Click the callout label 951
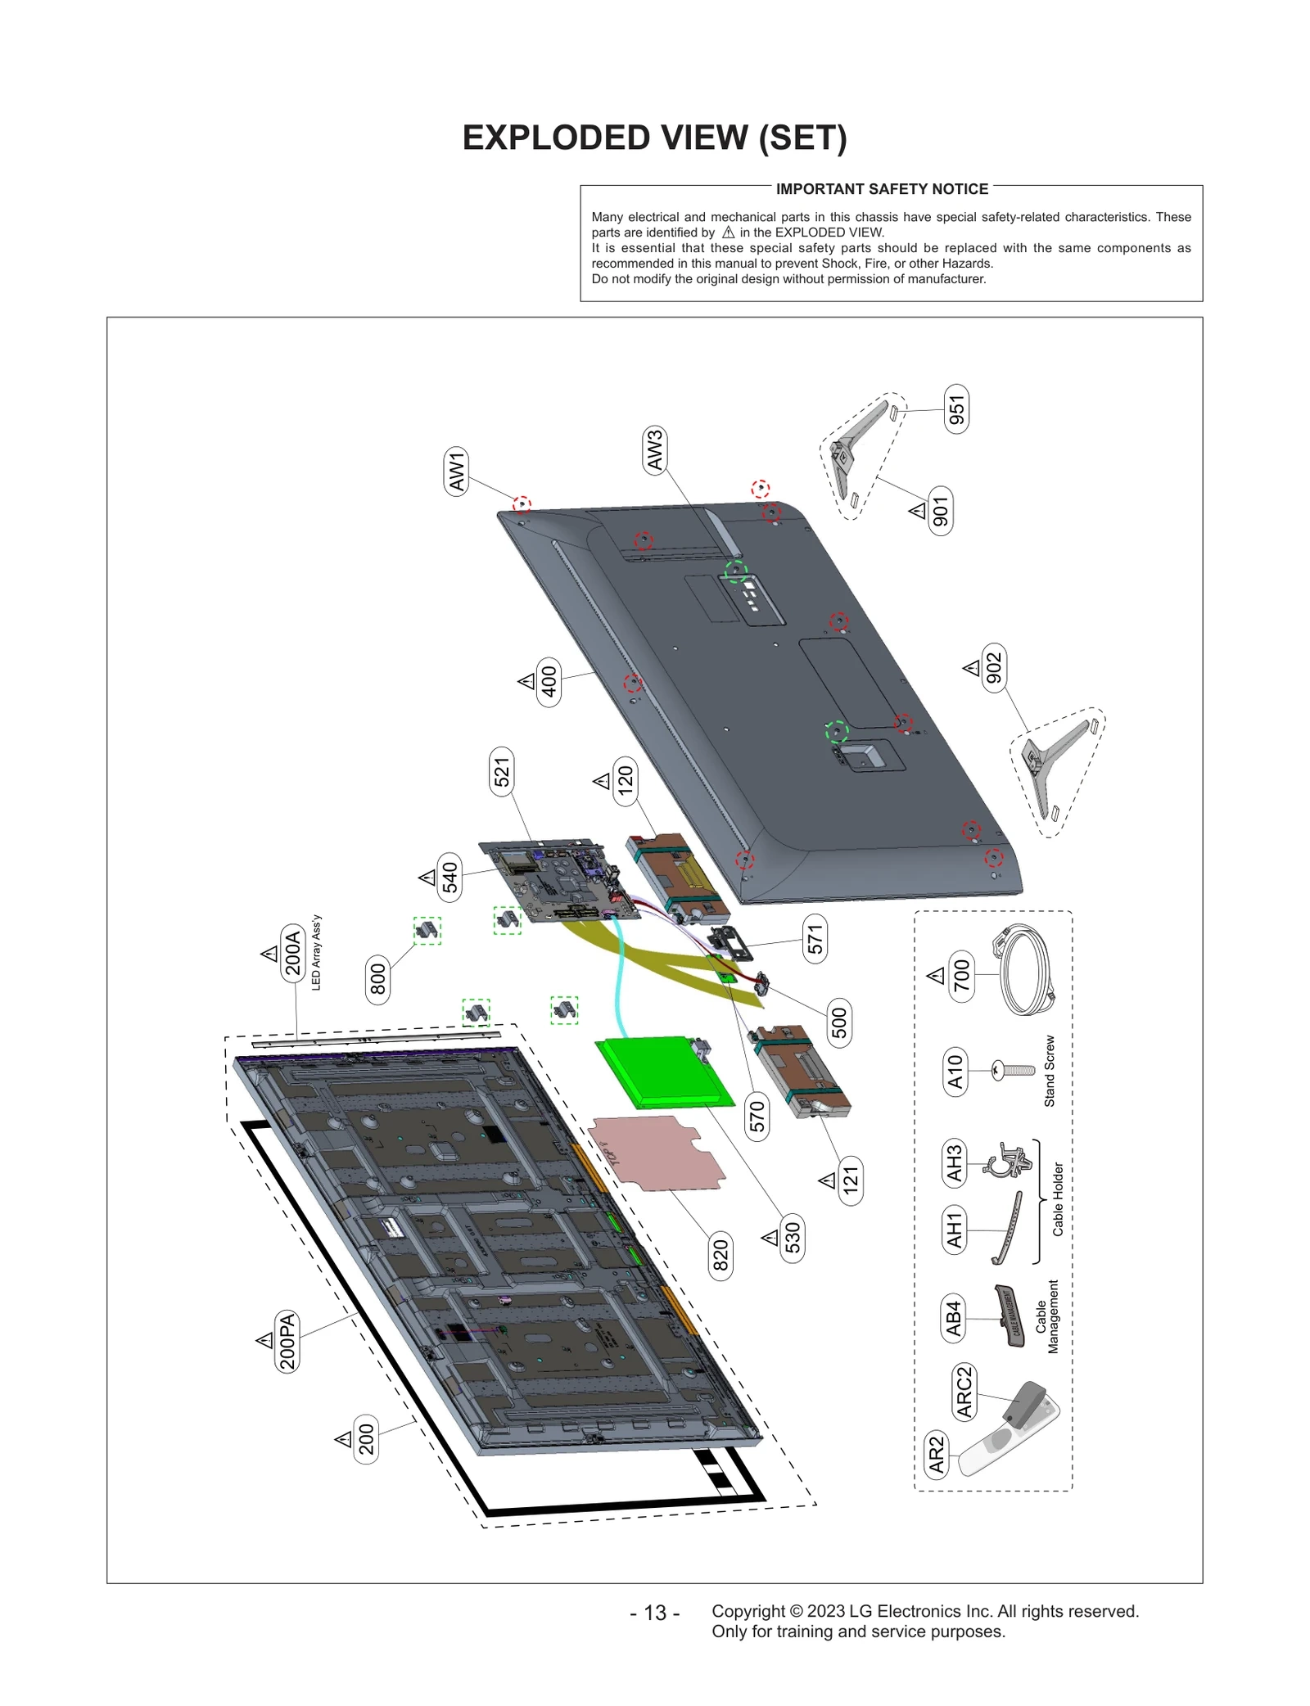click(956, 408)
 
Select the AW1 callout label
click(457, 472)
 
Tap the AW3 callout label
click(654, 449)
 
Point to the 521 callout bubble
click(501, 771)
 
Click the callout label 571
click(815, 939)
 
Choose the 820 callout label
click(720, 1255)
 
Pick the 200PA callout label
click(287, 1341)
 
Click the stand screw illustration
click(1013, 1070)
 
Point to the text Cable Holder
click(1058, 1199)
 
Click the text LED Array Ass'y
click(317, 953)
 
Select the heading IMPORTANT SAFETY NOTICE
click(882, 189)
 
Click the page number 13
click(655, 1613)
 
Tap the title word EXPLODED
click(546, 138)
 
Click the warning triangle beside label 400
click(526, 681)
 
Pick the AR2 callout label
click(937, 1455)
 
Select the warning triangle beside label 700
click(936, 976)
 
